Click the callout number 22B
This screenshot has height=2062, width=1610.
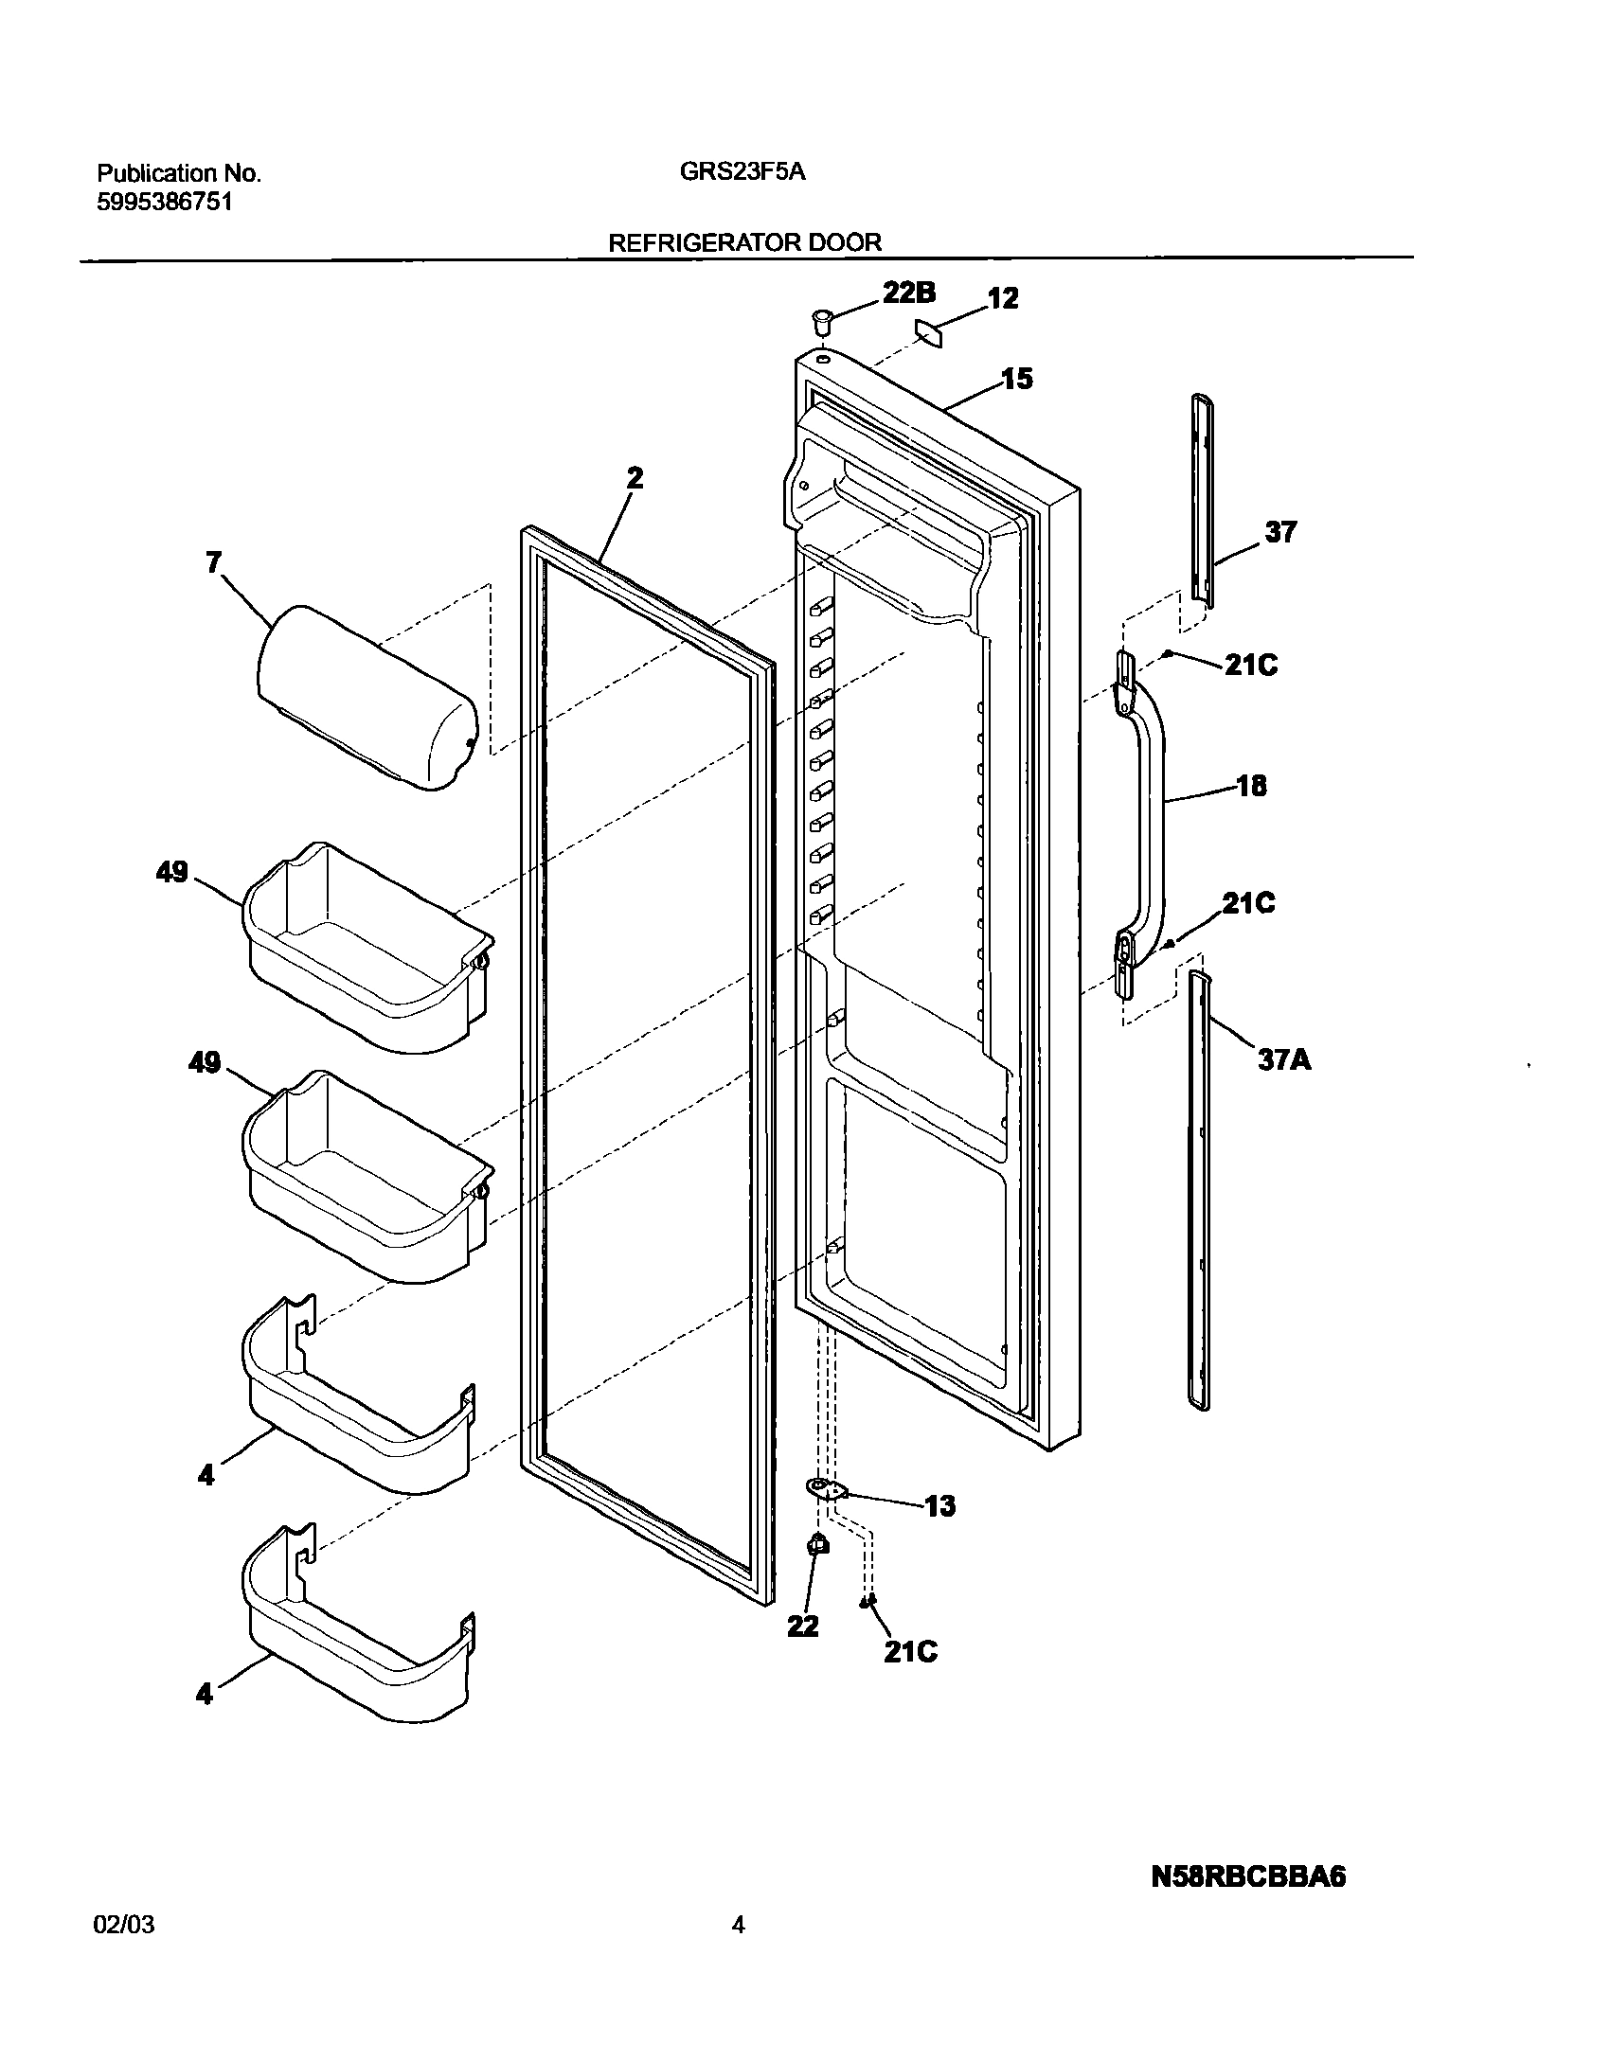point(908,293)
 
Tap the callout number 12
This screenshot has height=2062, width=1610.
point(1003,298)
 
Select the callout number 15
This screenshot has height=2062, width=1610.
point(1017,379)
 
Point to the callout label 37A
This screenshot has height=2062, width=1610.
point(1284,1059)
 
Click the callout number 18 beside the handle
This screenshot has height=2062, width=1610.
point(1251,786)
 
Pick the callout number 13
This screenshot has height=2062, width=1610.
point(939,1506)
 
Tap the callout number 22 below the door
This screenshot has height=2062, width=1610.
point(803,1626)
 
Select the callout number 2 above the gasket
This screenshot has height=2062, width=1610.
point(635,478)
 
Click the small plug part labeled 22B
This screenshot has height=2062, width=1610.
point(821,320)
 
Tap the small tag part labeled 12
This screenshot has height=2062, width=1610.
point(930,333)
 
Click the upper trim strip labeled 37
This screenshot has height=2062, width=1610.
point(1201,502)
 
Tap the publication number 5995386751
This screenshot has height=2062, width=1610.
point(164,203)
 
